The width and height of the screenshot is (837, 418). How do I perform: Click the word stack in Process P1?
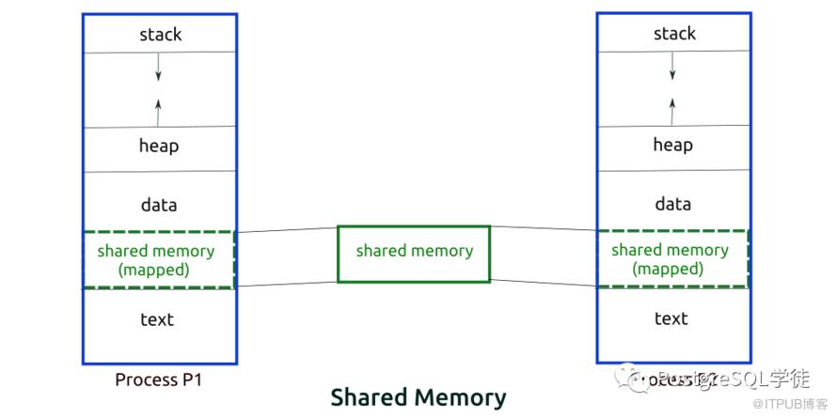(160, 35)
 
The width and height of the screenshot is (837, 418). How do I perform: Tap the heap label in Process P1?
(159, 147)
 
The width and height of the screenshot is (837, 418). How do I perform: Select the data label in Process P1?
(158, 205)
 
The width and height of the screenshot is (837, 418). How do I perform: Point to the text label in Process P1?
(157, 319)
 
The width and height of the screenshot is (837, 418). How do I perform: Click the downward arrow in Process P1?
(158, 66)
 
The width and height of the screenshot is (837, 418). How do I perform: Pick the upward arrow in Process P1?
(158, 111)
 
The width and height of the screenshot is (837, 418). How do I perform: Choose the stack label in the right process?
(674, 34)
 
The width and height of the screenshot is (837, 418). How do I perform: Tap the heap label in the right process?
(673, 145)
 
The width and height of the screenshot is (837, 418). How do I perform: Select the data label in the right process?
(673, 204)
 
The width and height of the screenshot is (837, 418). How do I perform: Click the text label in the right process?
(671, 318)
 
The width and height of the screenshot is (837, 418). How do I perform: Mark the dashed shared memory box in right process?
(671, 258)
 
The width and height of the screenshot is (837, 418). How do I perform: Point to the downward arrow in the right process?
(672, 65)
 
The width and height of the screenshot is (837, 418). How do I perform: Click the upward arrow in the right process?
(672, 109)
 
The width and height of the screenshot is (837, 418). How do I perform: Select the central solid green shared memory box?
(414, 253)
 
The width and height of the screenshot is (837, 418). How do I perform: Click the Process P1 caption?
(158, 380)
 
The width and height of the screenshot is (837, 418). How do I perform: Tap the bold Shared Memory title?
(418, 397)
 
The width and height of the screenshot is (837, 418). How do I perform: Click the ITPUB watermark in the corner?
(791, 405)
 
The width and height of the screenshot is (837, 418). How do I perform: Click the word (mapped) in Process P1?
(156, 269)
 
